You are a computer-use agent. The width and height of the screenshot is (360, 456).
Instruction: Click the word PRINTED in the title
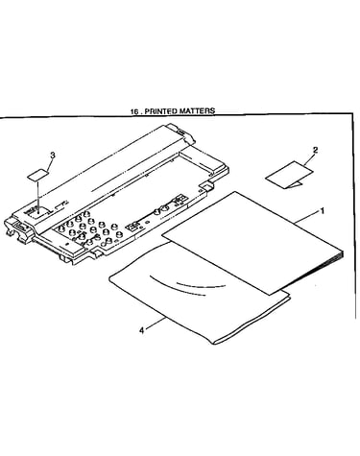pos(161,111)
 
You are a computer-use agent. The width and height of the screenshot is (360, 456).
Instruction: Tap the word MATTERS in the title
pos(197,110)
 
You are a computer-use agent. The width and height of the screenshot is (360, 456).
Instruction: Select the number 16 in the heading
pos(134,111)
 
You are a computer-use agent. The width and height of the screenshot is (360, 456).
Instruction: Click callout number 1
pos(323,211)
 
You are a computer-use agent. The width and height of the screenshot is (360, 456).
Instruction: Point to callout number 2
pos(315,150)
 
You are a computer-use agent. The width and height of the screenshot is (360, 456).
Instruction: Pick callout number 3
pos(53,155)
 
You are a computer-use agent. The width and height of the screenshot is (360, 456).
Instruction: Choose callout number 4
pos(142,330)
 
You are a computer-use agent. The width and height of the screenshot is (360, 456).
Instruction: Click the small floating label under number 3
pos(38,175)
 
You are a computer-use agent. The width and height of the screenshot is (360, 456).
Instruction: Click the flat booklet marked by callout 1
pos(252,243)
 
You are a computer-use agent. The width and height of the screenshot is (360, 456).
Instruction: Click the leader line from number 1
pos(307,217)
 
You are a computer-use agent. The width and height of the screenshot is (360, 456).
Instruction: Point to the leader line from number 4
pos(156,323)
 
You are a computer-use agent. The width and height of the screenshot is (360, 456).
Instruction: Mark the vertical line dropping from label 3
pos(38,196)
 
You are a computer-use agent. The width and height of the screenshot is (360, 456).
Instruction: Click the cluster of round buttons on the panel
pos(88,231)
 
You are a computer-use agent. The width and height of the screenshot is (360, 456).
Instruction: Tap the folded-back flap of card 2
pos(295,184)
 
